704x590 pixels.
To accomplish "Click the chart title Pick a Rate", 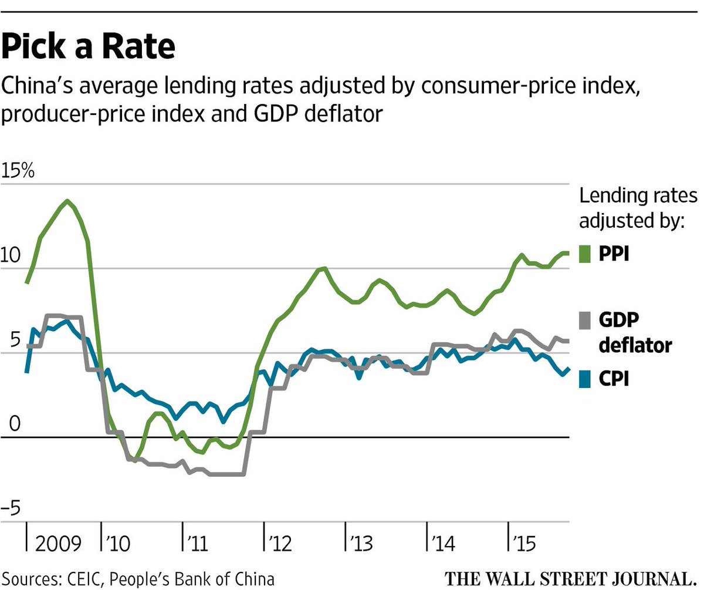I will pyautogui.click(x=89, y=47).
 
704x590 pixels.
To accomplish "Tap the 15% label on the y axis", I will pyautogui.click(x=19, y=173).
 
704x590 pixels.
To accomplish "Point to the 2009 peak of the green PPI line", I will pyautogui.click(x=68, y=201).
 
